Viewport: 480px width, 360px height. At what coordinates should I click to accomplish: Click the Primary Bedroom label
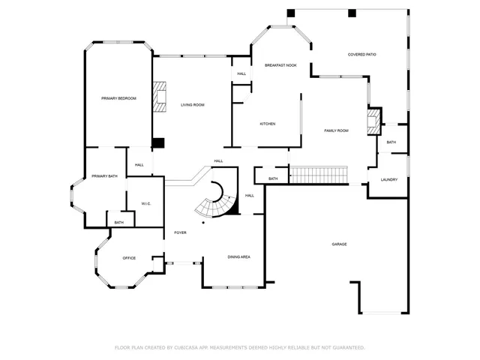point(119,98)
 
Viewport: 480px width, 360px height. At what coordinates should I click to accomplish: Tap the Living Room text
point(192,105)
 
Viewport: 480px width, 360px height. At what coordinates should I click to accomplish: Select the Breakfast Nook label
point(280,66)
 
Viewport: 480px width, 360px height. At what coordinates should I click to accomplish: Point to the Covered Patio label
point(361,55)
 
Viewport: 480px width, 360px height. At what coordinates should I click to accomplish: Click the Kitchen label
point(268,124)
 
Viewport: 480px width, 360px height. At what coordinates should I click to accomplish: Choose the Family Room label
point(336,131)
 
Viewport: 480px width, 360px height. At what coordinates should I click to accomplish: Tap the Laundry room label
point(388,179)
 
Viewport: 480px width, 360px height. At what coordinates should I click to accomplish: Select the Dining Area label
point(238,257)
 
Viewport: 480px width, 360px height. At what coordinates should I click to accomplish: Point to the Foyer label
point(180,233)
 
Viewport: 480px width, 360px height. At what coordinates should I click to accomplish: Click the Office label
point(129,258)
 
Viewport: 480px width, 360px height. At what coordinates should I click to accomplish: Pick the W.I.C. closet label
point(146,203)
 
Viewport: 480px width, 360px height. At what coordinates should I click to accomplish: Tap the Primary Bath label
point(104,176)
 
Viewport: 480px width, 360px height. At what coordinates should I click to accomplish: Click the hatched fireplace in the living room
point(158,96)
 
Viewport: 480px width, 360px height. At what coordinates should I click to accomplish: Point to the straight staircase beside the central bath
point(319,175)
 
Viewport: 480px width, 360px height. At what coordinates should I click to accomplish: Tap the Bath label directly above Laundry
point(391,142)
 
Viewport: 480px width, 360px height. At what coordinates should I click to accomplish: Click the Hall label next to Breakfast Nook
point(241,73)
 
